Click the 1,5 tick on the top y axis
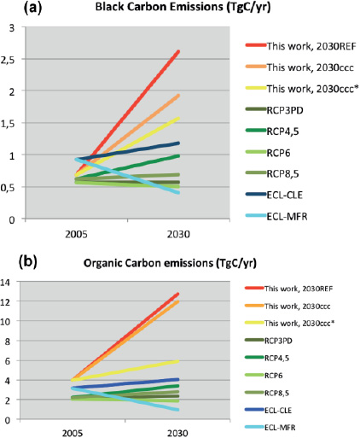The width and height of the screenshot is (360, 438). tap(11, 123)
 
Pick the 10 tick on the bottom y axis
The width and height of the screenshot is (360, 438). tap(9, 322)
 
